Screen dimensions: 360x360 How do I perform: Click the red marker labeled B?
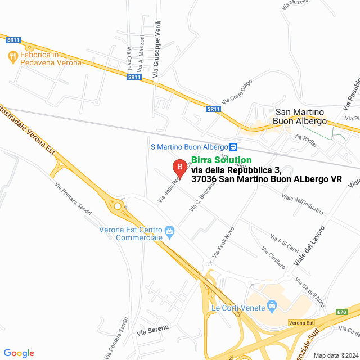tap(179, 167)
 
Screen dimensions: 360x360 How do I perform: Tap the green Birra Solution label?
tap(221, 160)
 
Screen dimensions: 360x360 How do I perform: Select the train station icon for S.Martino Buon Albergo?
tap(233, 147)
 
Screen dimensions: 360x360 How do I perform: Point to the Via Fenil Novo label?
tap(222, 243)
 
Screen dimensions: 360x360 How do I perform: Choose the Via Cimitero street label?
tap(273, 256)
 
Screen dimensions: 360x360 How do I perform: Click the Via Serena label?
tap(152, 332)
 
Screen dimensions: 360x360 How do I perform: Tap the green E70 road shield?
tap(342, 312)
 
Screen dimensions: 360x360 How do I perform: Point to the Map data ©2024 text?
tap(335, 355)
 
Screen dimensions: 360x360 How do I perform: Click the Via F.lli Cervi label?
tap(284, 242)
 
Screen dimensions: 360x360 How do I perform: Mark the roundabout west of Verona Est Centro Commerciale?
tap(118, 206)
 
